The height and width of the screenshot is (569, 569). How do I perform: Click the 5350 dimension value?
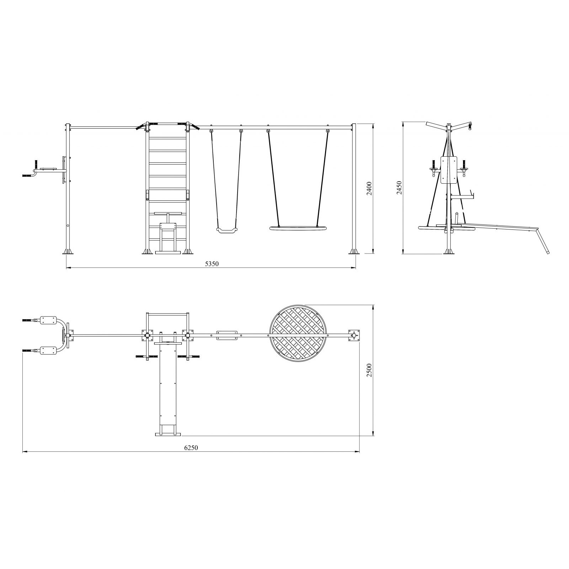[x=212, y=264]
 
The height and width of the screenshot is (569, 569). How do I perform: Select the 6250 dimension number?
[x=191, y=448]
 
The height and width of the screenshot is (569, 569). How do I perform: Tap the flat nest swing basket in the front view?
[x=298, y=228]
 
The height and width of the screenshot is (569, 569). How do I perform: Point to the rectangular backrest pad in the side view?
[x=448, y=170]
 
